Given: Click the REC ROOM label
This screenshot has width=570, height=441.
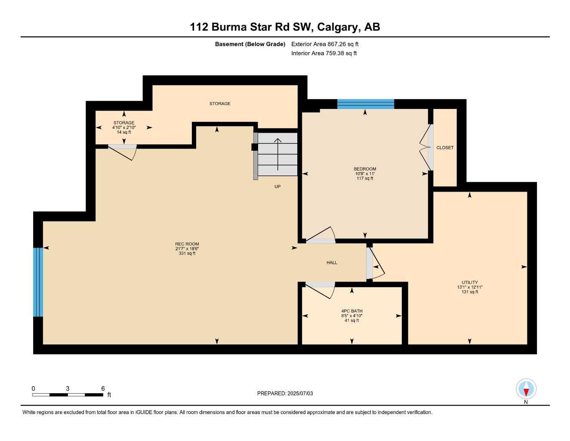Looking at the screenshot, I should pyautogui.click(x=187, y=244).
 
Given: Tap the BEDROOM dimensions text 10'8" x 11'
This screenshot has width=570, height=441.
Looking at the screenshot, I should pyautogui.click(x=365, y=174).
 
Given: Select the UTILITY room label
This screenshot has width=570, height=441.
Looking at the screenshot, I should pyautogui.click(x=470, y=283).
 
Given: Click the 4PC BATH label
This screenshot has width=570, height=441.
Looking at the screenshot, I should pyautogui.click(x=352, y=311).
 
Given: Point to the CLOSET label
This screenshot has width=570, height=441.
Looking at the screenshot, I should pyautogui.click(x=445, y=148).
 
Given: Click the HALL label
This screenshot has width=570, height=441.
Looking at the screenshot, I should pyautogui.click(x=332, y=262).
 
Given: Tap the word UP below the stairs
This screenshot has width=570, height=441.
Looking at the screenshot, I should pyautogui.click(x=277, y=186).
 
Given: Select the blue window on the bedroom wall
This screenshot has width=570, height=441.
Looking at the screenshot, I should pyautogui.click(x=366, y=104).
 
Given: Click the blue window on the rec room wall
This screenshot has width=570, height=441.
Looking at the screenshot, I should pyautogui.click(x=38, y=282).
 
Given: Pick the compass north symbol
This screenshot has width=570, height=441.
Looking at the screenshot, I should pyautogui.click(x=526, y=390).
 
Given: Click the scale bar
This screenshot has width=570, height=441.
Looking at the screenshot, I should pyautogui.click(x=68, y=394).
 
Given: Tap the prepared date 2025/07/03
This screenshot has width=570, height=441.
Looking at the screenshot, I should pyautogui.click(x=285, y=393).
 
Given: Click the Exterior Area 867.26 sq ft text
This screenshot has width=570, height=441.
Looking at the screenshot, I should pyautogui.click(x=325, y=44).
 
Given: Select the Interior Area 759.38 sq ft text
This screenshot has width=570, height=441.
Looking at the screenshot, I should pyautogui.click(x=324, y=53).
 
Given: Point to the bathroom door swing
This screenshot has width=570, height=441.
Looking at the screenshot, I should pyautogui.click(x=321, y=291).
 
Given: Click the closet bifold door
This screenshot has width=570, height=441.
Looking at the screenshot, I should pyautogui.click(x=426, y=148).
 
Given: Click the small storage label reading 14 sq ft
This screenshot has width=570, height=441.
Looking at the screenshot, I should pyautogui.click(x=124, y=132).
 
